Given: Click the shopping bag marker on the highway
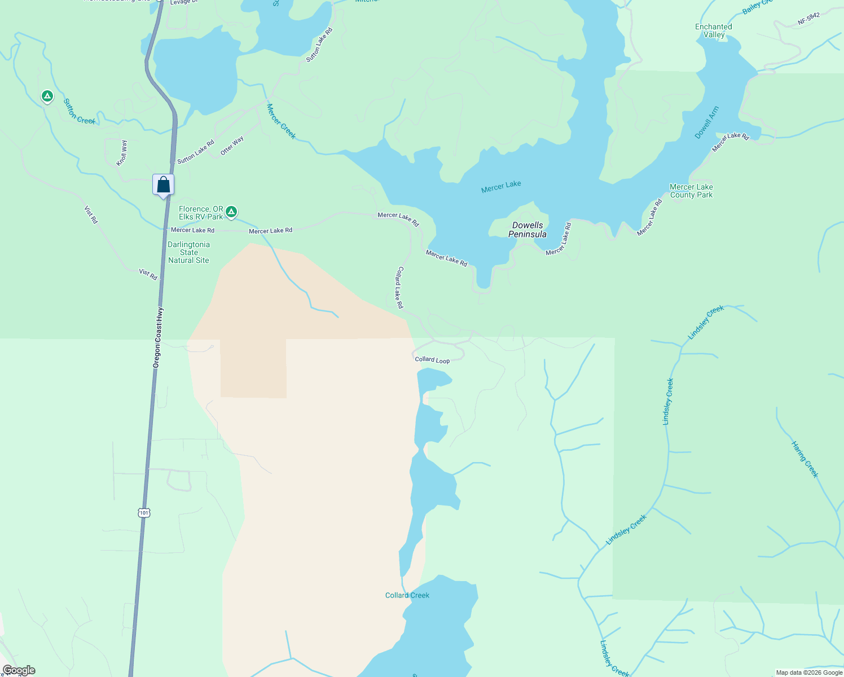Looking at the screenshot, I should coord(163,185).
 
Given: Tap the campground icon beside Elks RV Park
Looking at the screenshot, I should coord(231,212).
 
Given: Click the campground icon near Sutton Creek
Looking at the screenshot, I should coord(47,96).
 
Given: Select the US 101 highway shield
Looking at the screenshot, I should coord(144,513).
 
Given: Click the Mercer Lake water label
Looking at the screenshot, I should coord(501,187).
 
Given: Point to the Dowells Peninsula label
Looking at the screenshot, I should coord(527,230).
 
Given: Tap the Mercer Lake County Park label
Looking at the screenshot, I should coord(691,191).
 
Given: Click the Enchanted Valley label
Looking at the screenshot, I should coord(714,30).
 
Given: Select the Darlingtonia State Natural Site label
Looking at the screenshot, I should coord(188,252).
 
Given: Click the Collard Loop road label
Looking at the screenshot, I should coord(432,359).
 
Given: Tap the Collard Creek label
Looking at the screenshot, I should coord(407,595).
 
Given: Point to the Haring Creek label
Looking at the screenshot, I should coord(805,459).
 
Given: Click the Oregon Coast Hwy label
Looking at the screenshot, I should coord(159,337).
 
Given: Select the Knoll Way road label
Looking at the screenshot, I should coord(122,153).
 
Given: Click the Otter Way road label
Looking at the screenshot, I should coord(232,146).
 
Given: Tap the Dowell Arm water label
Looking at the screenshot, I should coord(707,122).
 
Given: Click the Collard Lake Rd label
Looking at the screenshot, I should coord(399,287).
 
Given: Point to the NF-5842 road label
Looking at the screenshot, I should coord(808,19).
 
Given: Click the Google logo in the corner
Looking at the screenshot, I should coord(19,670).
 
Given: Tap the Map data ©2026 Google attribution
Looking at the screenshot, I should coord(809,672).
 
